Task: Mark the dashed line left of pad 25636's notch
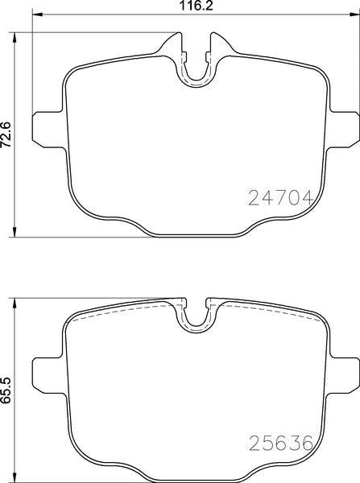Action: coord(121,311)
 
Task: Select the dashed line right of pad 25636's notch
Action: coord(266,311)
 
